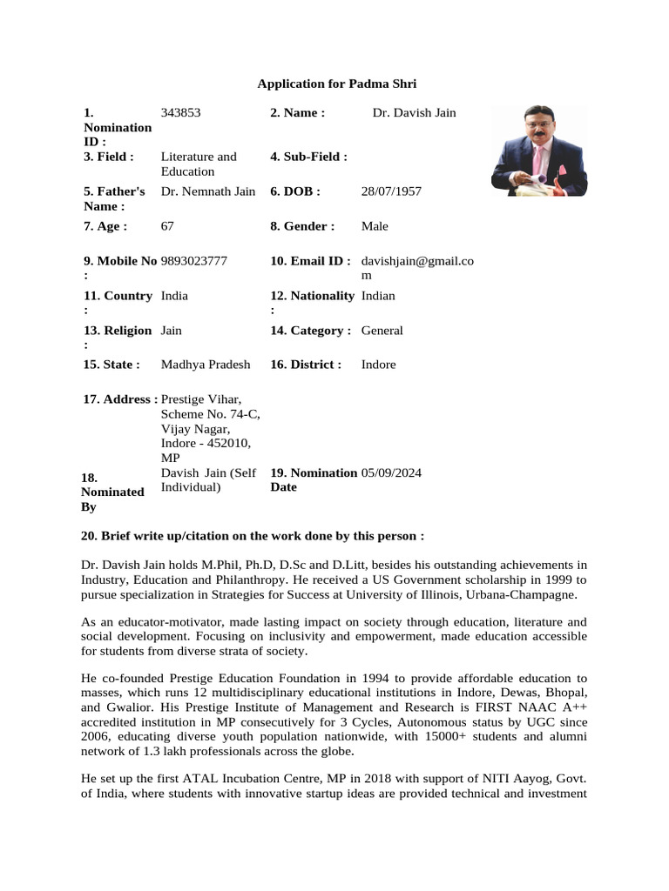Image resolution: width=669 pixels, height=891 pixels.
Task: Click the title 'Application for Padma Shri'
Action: click(x=337, y=84)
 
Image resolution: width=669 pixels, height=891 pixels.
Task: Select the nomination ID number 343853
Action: click(x=186, y=112)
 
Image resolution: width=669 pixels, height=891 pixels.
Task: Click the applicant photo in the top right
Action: click(x=538, y=150)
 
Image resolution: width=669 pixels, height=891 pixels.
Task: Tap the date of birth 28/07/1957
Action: click(x=391, y=191)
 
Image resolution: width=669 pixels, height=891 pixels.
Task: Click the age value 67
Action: click(x=168, y=226)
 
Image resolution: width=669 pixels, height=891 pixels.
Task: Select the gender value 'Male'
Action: click(x=375, y=226)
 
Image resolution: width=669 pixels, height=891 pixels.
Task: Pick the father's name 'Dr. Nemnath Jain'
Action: click(x=208, y=191)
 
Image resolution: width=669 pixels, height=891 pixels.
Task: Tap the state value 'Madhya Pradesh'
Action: click(x=206, y=365)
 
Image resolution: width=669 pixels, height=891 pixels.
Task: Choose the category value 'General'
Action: click(x=382, y=331)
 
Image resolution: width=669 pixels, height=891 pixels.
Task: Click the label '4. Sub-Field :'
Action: click(x=308, y=157)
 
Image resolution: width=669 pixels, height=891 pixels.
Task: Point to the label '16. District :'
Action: click(x=306, y=365)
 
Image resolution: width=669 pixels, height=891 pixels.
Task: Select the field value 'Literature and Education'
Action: click(x=199, y=164)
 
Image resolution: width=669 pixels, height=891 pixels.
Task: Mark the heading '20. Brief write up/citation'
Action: click(x=252, y=535)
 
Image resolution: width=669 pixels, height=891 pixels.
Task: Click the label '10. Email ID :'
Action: click(x=310, y=261)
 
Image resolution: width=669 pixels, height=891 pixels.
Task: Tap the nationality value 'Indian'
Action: click(x=378, y=296)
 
